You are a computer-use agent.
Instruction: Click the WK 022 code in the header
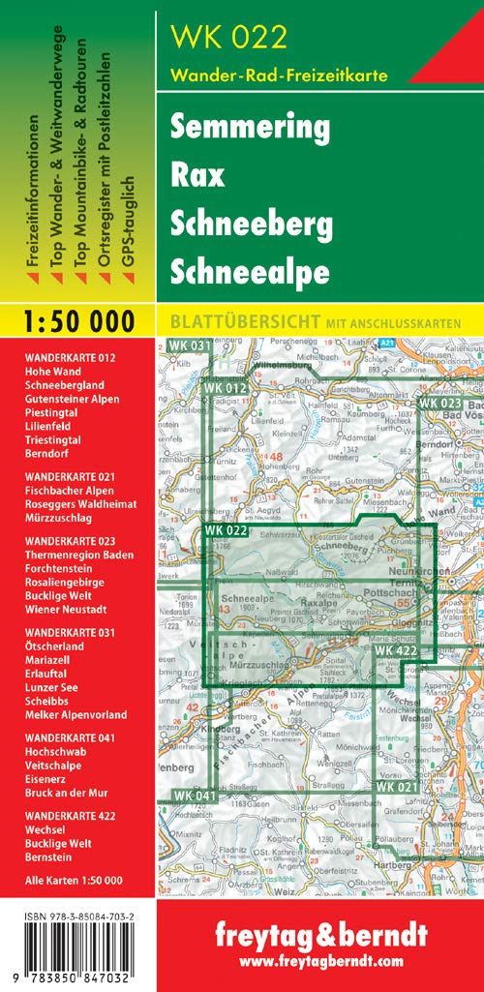coord(228,37)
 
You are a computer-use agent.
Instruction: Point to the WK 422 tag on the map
coord(396,651)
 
